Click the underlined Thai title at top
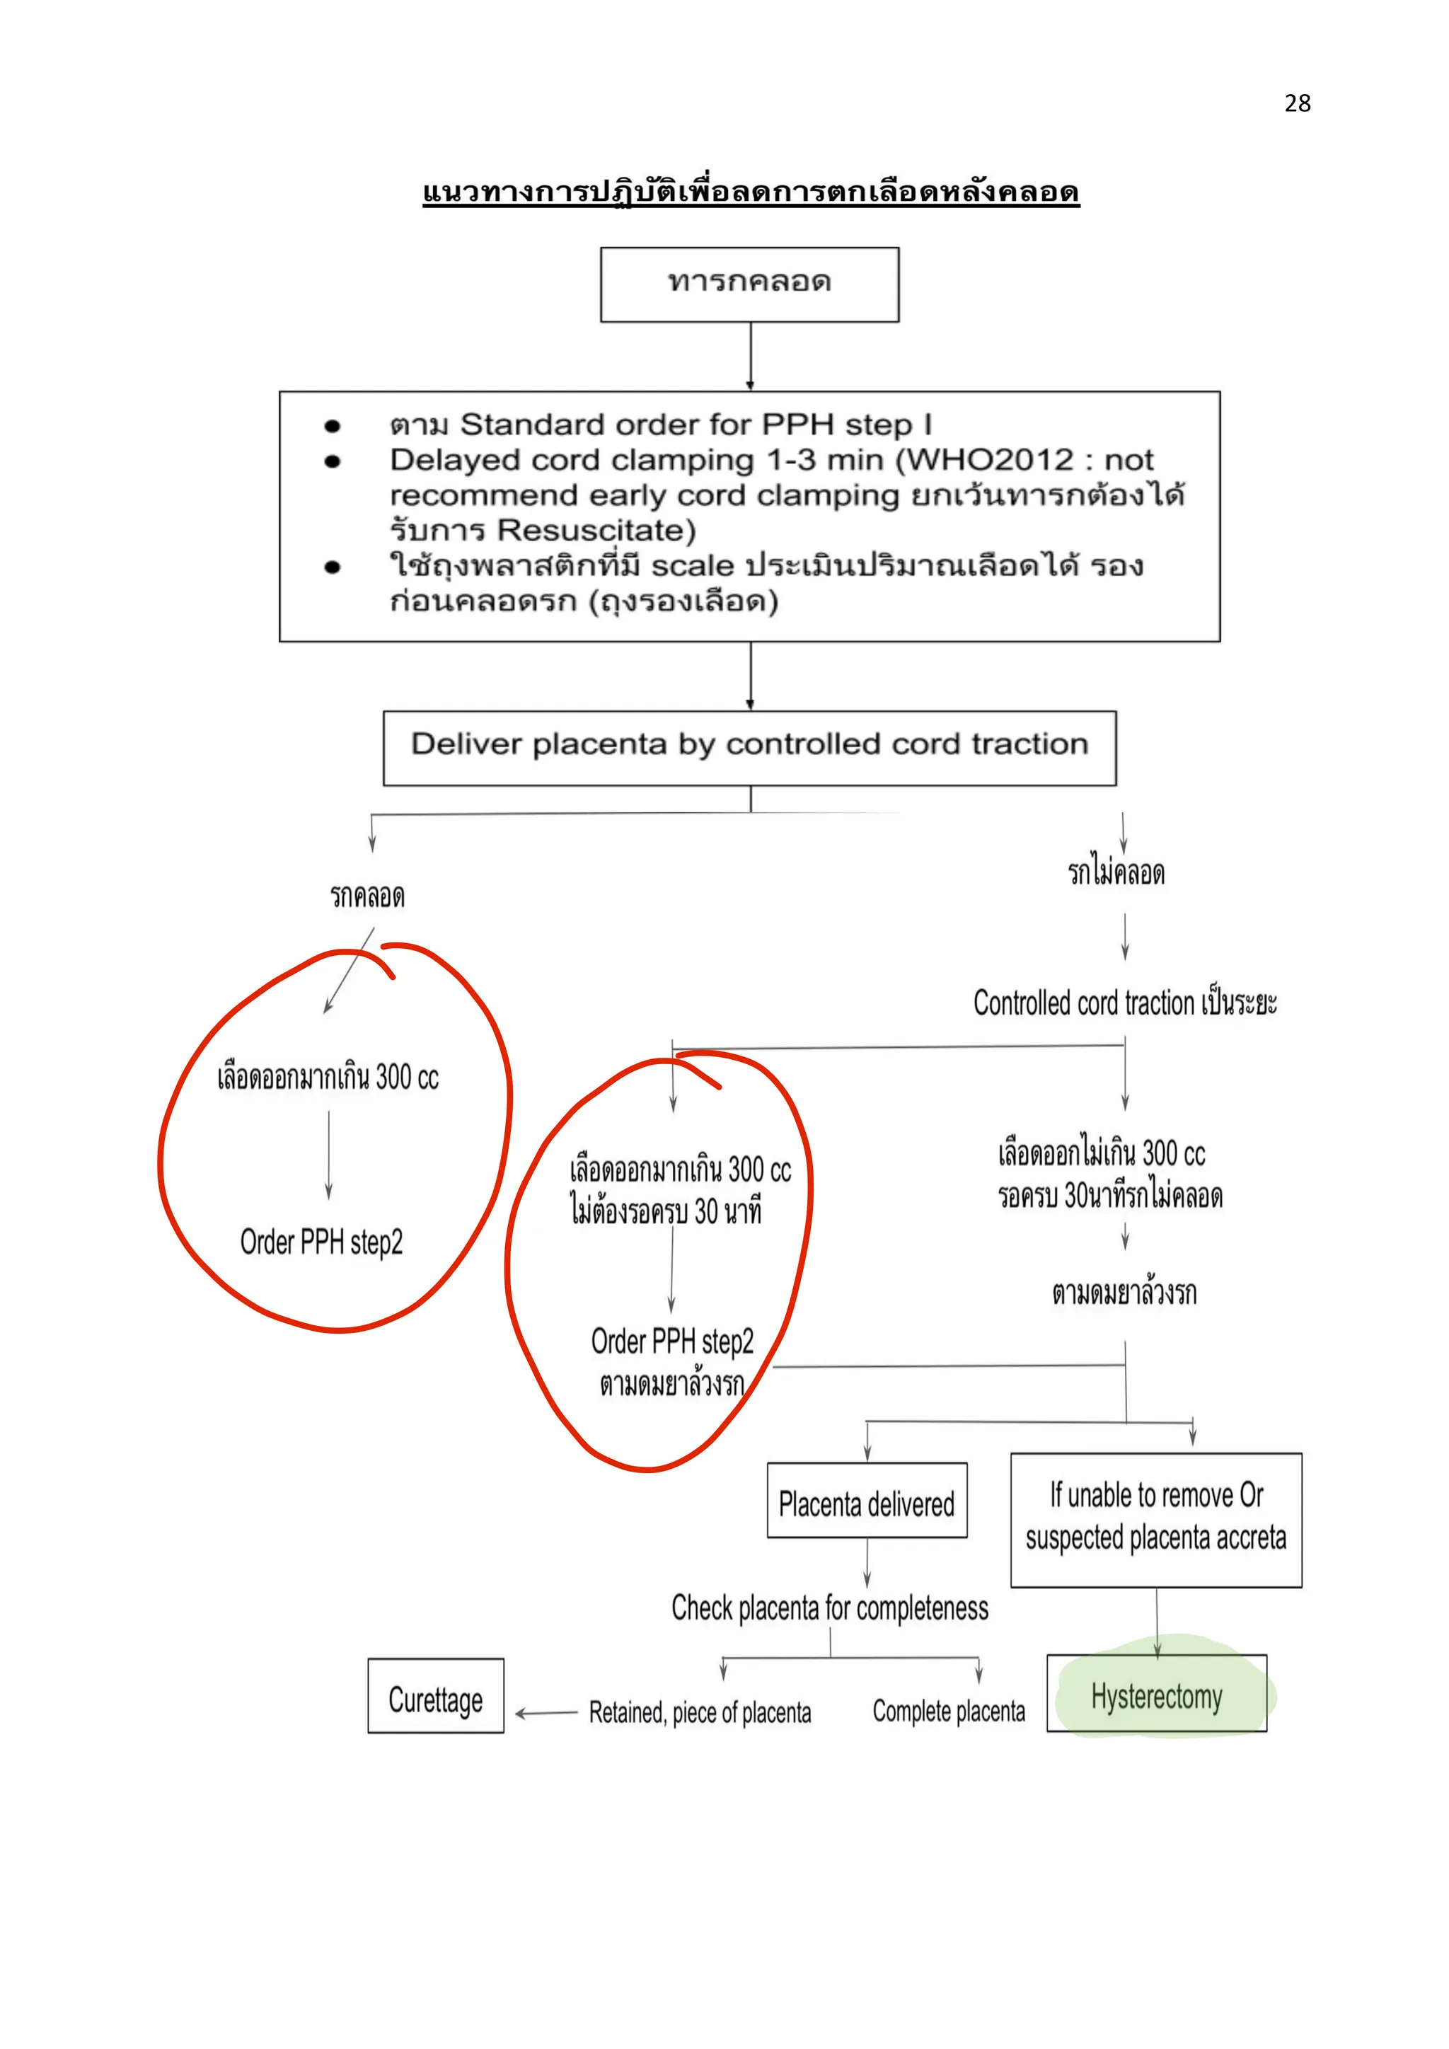click(x=751, y=192)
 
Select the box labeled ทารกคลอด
click(x=749, y=284)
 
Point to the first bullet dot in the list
click(x=333, y=426)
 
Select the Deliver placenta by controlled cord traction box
click(x=749, y=746)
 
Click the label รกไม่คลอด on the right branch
click(x=1116, y=872)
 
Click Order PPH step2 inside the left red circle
click(x=321, y=1242)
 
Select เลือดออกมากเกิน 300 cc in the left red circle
click(x=328, y=1077)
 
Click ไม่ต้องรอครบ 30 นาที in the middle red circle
click(x=666, y=1211)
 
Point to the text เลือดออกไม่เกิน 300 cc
click(x=1101, y=1154)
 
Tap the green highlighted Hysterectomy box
click(x=1156, y=1697)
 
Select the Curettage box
click(x=435, y=1699)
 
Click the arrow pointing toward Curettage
click(x=546, y=1712)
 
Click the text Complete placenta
click(x=949, y=1712)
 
